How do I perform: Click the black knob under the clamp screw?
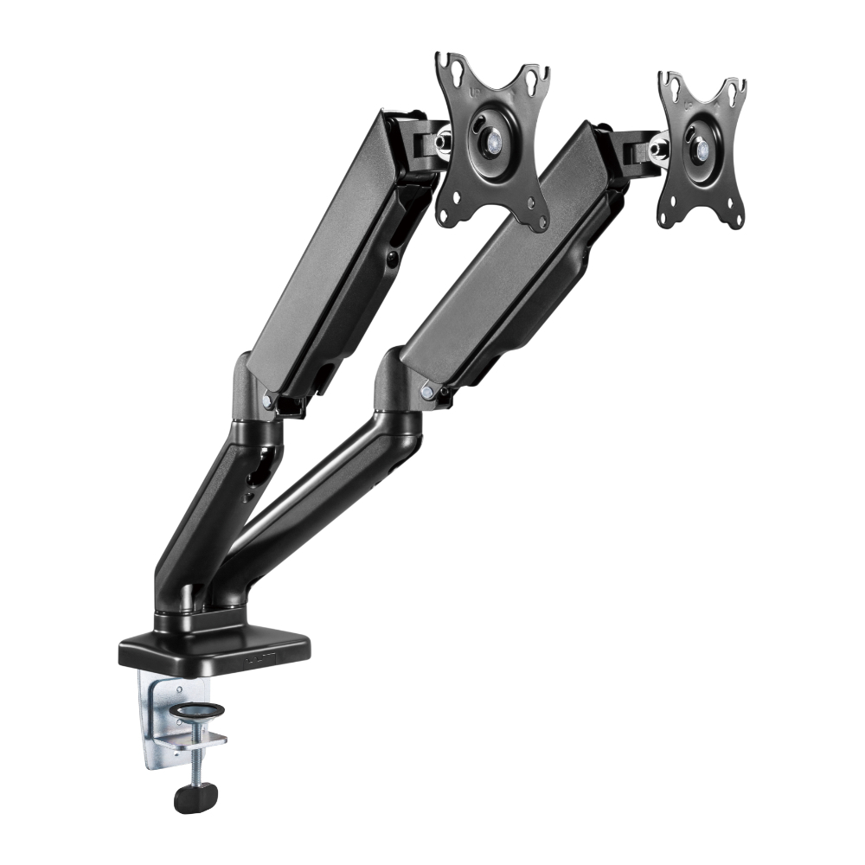(195, 797)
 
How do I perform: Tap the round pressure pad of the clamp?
(196, 711)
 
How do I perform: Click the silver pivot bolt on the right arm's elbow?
(426, 391)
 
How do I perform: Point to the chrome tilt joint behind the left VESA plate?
(443, 138)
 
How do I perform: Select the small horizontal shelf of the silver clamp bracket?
(202, 740)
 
